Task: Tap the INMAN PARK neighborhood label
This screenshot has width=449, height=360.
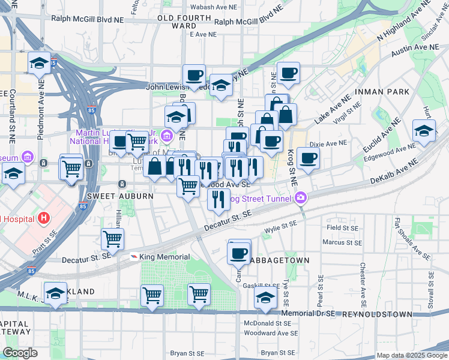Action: [x=382, y=92]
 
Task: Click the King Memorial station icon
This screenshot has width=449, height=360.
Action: [x=134, y=256]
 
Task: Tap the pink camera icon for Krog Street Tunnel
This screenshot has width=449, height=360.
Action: [x=301, y=197]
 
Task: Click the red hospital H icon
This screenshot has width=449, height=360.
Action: [x=43, y=217]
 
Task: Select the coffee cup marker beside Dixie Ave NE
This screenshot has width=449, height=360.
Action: [x=308, y=158]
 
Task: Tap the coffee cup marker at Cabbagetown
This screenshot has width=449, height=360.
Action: [x=239, y=253]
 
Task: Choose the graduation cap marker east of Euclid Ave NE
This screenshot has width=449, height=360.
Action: [x=424, y=131]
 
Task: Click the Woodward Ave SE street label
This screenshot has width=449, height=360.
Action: [x=271, y=332]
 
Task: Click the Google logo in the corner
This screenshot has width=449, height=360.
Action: [x=20, y=353]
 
